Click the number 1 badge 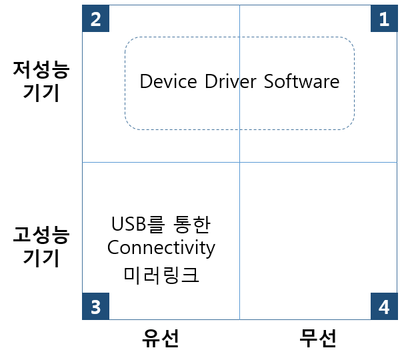(384, 19)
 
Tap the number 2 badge (95, 19)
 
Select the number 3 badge (95, 307)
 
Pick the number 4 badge (384, 307)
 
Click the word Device (168, 82)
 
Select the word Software (301, 82)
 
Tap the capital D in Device (145, 82)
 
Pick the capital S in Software (269, 82)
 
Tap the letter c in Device (183, 83)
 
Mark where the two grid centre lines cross (239, 162)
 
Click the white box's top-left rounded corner (129, 42)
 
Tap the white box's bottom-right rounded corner (349, 125)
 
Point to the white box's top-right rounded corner (349, 42)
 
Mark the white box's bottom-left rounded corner (129, 125)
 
